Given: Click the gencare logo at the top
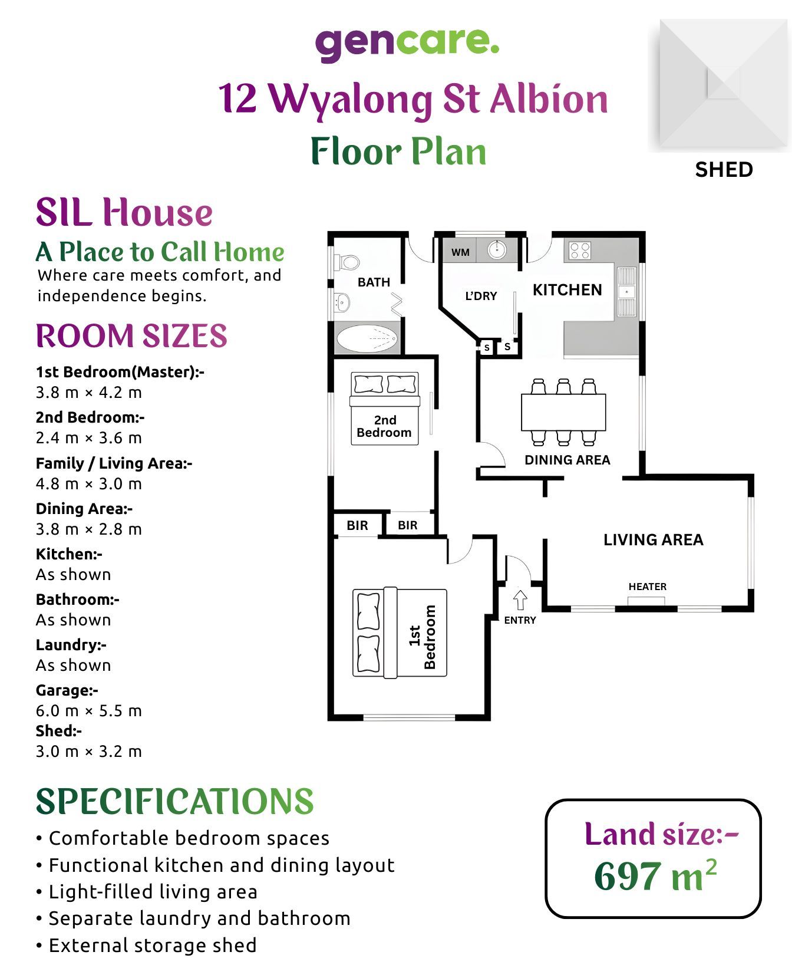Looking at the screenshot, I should [407, 44].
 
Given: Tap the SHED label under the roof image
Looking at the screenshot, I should [724, 170].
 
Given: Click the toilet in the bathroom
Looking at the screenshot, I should [347, 261].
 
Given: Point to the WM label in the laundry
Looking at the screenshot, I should [460, 252].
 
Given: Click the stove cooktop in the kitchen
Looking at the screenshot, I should [580, 251].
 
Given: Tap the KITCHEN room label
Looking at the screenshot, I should [567, 290].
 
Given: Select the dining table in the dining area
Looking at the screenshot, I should [563, 412].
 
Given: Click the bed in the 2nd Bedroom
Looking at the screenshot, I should [384, 408].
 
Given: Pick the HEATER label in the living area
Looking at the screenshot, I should [647, 587].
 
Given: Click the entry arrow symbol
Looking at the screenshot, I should [520, 600].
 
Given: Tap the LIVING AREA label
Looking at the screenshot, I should [653, 540].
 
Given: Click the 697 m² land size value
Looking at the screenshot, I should [655, 876].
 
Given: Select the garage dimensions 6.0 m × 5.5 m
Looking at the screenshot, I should [88, 711].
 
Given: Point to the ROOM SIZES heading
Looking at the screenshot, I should [131, 336].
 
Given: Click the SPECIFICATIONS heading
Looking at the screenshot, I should [174, 802].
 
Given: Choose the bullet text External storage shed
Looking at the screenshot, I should [152, 946].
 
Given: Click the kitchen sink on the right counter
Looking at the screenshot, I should [626, 291].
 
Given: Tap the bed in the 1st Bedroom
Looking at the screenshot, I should [400, 633].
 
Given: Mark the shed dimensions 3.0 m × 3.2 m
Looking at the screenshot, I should [88, 752].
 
